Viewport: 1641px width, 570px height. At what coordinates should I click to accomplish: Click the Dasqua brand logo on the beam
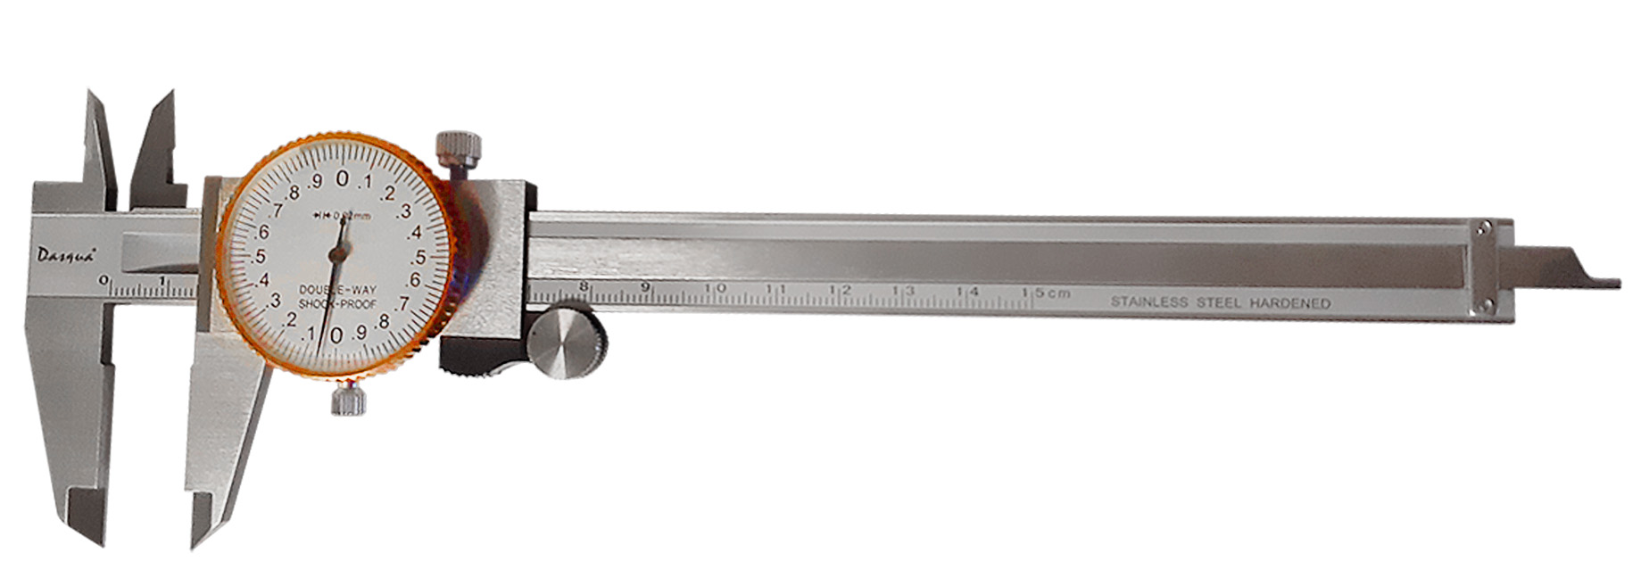(64, 254)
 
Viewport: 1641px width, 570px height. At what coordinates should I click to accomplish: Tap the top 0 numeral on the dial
(342, 179)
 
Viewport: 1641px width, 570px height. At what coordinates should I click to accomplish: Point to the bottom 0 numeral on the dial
(336, 335)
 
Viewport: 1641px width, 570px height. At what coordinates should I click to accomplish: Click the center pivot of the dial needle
(336, 257)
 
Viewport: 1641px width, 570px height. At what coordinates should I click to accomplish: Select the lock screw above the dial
(458, 145)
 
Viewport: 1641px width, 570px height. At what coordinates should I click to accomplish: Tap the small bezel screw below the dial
(348, 401)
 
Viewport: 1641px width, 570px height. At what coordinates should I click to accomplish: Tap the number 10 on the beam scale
(716, 289)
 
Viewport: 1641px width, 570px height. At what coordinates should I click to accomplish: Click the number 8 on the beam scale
(584, 286)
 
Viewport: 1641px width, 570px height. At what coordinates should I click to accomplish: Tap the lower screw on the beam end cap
(1483, 306)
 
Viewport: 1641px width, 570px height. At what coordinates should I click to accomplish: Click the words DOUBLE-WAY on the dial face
(337, 291)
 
